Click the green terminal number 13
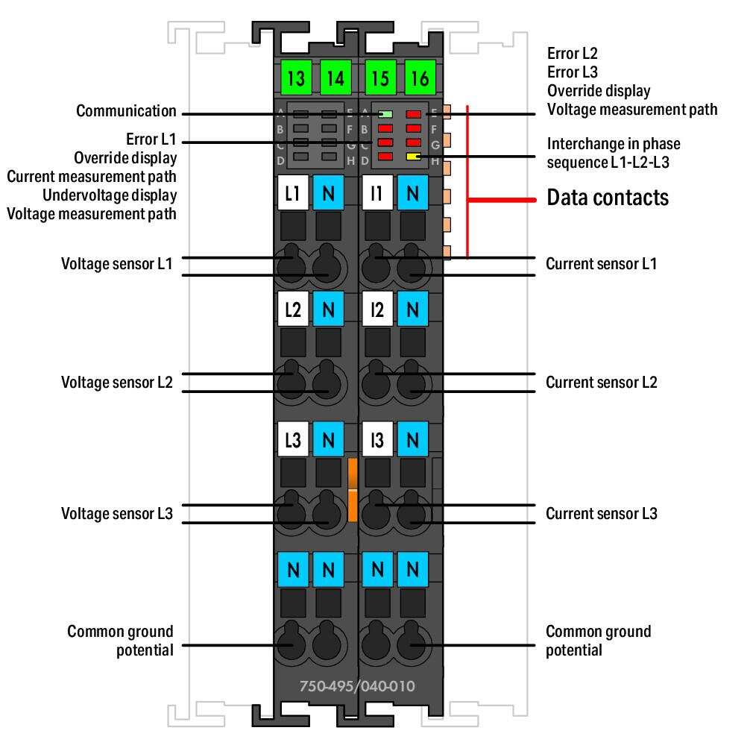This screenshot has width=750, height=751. pyautogui.click(x=294, y=78)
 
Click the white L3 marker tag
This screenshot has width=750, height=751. pyautogui.click(x=293, y=439)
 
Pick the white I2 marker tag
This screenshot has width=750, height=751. pyautogui.click(x=378, y=309)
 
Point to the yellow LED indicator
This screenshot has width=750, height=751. pyautogui.click(x=414, y=157)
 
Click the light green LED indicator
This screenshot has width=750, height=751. pyautogui.click(x=385, y=115)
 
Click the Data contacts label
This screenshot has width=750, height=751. pyautogui.click(x=608, y=198)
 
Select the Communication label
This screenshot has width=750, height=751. pyautogui.click(x=127, y=112)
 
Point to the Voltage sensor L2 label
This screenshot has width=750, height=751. pyautogui.click(x=117, y=383)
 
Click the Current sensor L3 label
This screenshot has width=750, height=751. pyautogui.click(x=602, y=514)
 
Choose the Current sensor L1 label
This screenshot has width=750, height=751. pyautogui.click(x=602, y=264)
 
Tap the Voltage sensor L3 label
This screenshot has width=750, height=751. pyautogui.click(x=117, y=514)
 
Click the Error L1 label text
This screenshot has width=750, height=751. pyautogui.click(x=152, y=139)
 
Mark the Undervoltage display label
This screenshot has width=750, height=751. pyautogui.click(x=110, y=195)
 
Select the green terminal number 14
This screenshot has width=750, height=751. pyautogui.click(x=336, y=78)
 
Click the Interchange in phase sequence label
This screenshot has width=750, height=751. pyautogui.click(x=614, y=152)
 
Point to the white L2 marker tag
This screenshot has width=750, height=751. pyautogui.click(x=293, y=309)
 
